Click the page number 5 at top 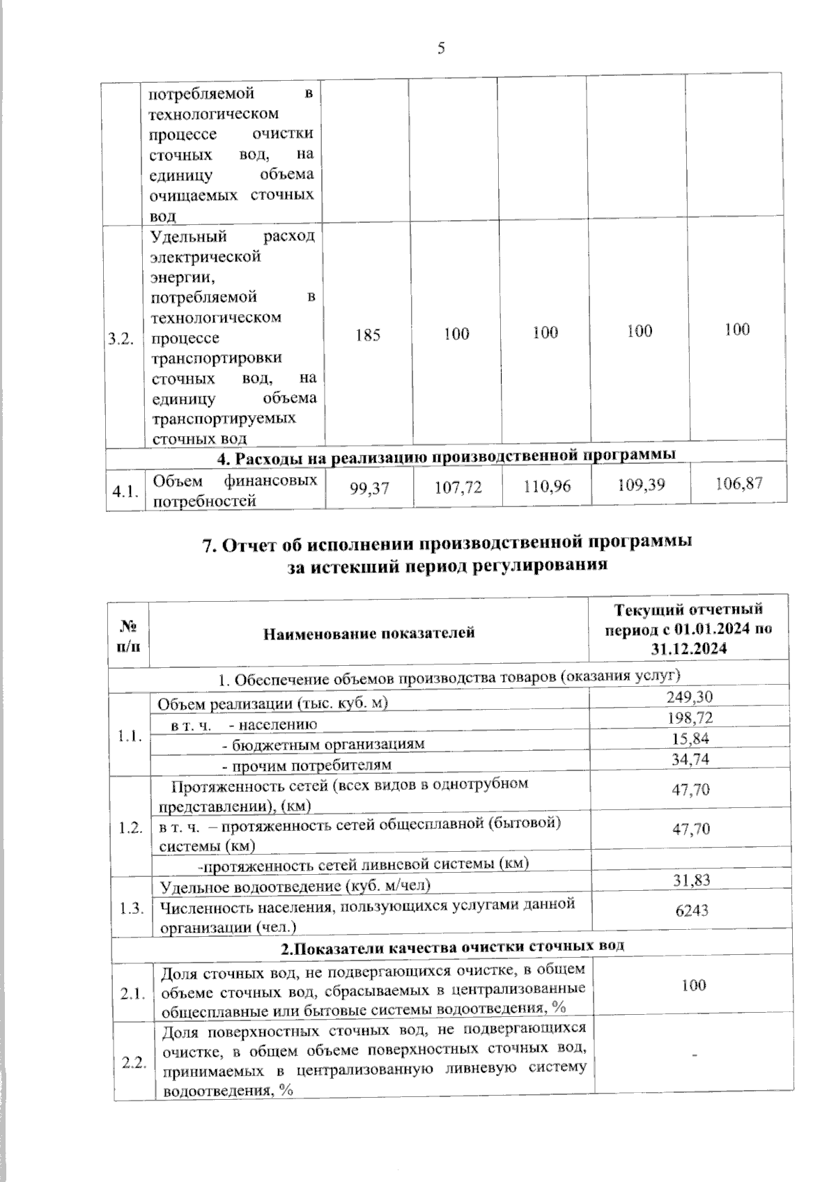point(440,47)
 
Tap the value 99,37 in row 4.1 point(369,490)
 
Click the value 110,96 point(547,486)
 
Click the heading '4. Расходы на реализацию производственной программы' point(447,457)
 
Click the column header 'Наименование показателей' point(369,632)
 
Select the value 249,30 point(690,697)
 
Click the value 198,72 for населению point(690,717)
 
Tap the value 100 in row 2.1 point(693,984)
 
